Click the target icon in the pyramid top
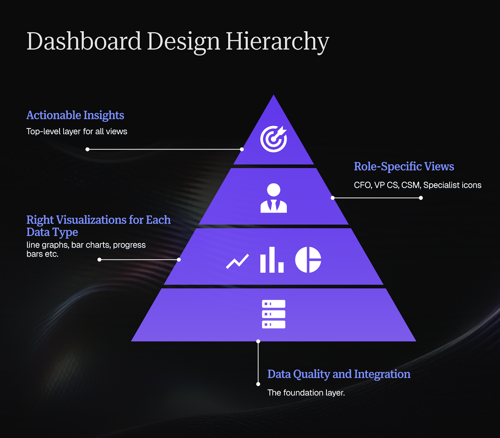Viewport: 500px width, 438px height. (x=273, y=139)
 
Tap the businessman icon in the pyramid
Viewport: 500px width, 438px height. (x=273, y=198)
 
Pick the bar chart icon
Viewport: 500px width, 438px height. (x=272, y=260)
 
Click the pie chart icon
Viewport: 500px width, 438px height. (x=308, y=260)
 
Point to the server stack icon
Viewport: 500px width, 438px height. (x=273, y=314)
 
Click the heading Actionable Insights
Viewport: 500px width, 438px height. (x=75, y=115)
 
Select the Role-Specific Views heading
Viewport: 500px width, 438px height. (x=404, y=166)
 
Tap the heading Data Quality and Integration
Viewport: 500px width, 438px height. (x=339, y=374)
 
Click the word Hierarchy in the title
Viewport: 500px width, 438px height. (x=277, y=41)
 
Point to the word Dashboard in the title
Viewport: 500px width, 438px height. (x=84, y=41)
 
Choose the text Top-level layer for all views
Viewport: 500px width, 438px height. (x=77, y=131)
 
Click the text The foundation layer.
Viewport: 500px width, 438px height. (x=306, y=393)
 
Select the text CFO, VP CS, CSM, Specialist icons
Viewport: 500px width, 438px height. (x=417, y=185)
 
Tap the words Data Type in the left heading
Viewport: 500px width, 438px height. (x=52, y=232)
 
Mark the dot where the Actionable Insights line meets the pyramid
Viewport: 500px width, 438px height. (x=242, y=149)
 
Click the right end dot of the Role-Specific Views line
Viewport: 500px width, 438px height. (x=421, y=198)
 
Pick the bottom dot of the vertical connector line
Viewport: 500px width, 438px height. (x=258, y=384)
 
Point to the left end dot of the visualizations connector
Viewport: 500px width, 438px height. (x=99, y=259)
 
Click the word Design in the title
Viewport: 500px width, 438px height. (x=183, y=41)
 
